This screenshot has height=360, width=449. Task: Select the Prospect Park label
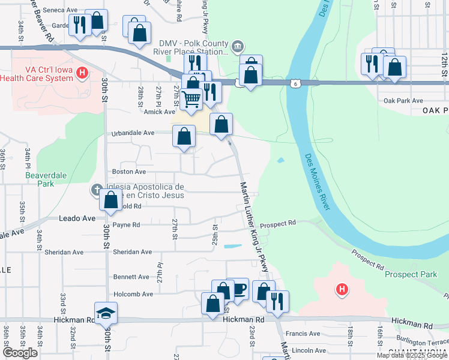tap(411, 274)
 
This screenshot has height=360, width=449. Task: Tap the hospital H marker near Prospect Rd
tap(342, 290)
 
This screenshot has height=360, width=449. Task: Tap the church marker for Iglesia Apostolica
tap(96, 190)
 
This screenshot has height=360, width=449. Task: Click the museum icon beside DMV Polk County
tap(238, 46)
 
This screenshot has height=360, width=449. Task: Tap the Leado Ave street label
tap(77, 218)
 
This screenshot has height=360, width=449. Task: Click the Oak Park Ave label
tap(403, 101)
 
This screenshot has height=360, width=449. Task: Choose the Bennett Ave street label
tap(131, 277)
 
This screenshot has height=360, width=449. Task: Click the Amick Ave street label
tap(158, 112)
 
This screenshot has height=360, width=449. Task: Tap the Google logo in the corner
tap(20, 353)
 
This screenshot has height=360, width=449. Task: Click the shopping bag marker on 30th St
tap(111, 201)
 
